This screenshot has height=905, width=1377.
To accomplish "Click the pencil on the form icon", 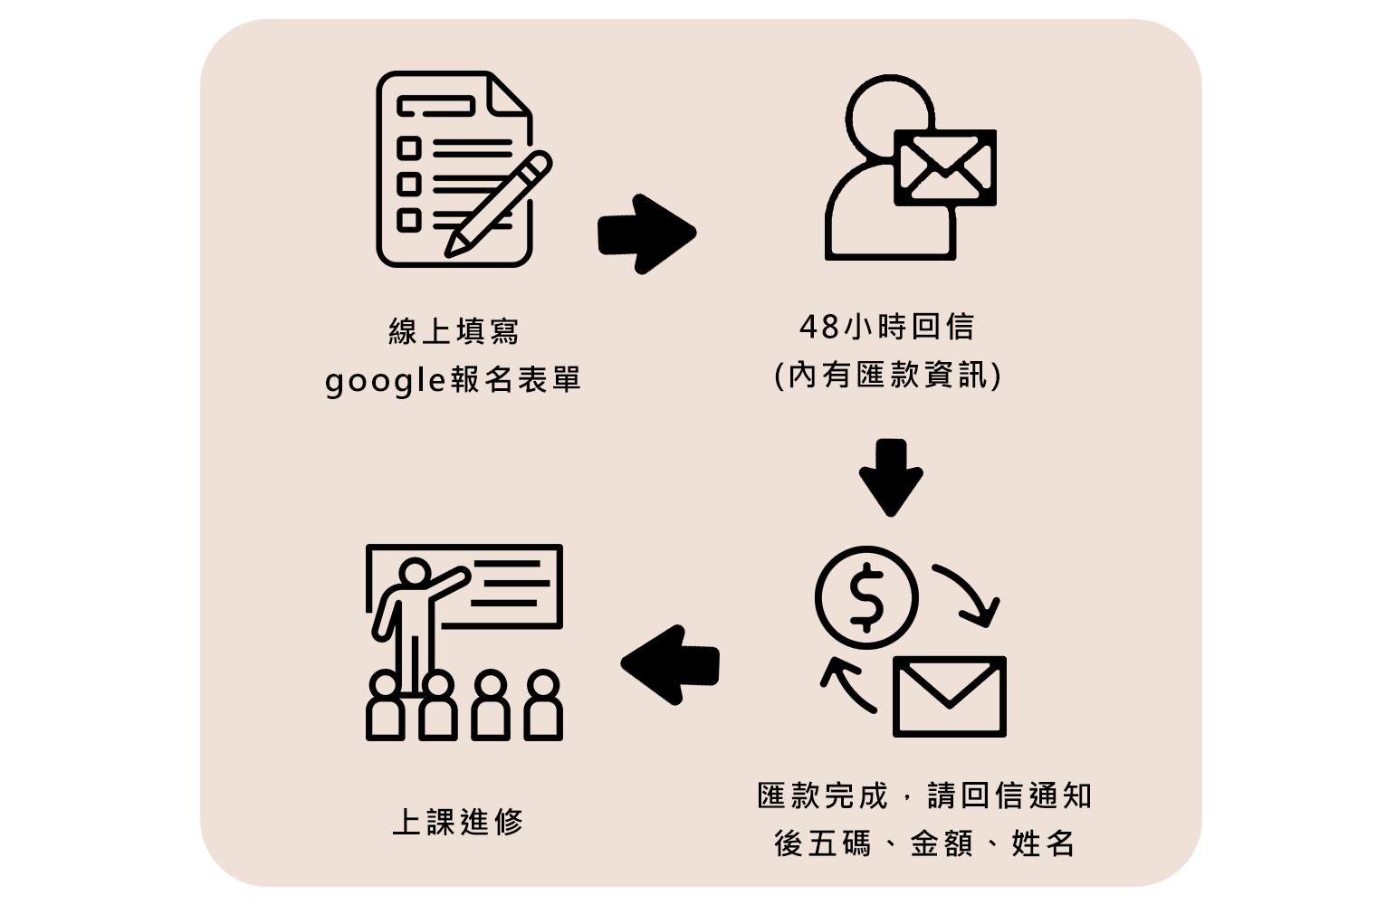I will pos(497,204).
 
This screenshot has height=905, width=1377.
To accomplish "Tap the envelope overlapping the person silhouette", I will pos(944,167).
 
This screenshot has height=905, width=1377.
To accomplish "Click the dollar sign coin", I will pos(866,597).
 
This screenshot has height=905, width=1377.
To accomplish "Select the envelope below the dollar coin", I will pos(949,697).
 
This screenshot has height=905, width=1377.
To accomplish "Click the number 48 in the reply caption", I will pos(819,327).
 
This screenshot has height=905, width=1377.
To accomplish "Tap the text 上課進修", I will pos(458,822).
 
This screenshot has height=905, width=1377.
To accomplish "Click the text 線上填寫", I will pos(454,331).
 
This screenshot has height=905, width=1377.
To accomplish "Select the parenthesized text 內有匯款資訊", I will pos(887,375).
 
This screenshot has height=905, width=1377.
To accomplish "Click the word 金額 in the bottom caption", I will pos(942,843).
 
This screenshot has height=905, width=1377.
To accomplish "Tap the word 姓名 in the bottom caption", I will pos(1043,843).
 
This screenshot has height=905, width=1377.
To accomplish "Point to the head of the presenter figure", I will pos(415,573).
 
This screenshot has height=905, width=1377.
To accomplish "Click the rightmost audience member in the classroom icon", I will pos(543,706).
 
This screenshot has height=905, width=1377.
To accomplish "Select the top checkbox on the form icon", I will pos(409,148).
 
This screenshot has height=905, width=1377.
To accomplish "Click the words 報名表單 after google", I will pos(516,380).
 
